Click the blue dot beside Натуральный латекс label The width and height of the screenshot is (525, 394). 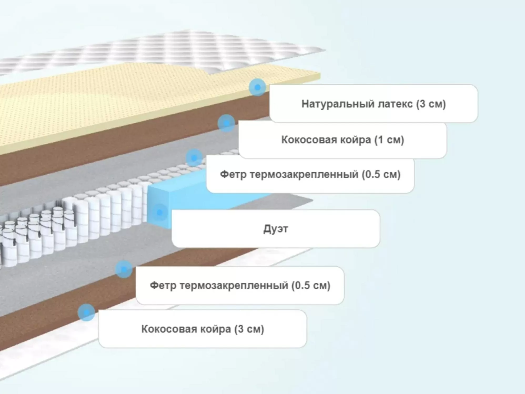[x=258, y=87]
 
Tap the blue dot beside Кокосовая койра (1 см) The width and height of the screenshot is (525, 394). [x=226, y=123]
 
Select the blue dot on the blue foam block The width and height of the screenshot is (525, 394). [x=159, y=212]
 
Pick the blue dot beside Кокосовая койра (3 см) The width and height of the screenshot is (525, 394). [x=86, y=312]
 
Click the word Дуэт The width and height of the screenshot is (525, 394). [x=276, y=229]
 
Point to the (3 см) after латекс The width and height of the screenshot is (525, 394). [x=431, y=104]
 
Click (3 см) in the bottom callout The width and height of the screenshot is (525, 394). [x=249, y=329]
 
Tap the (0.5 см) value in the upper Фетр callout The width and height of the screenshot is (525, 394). [x=381, y=174]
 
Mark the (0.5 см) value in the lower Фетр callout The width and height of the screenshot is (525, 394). [x=311, y=285]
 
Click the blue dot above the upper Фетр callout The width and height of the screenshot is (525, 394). [x=194, y=158]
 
